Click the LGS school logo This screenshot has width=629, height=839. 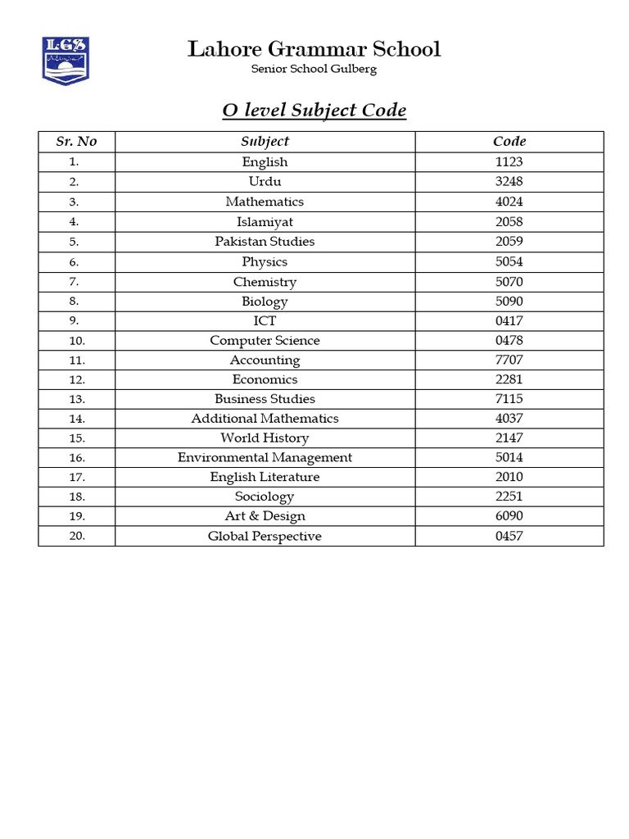[x=66, y=60]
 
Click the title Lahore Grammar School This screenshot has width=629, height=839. [x=314, y=49]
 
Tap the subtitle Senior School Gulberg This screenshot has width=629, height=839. [x=314, y=69]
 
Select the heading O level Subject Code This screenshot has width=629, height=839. [x=314, y=111]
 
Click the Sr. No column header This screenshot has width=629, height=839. [x=76, y=141]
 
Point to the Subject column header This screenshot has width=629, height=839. [x=265, y=141]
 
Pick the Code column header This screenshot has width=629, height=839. [x=509, y=141]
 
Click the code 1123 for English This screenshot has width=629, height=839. [x=509, y=162]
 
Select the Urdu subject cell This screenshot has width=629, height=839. [x=265, y=182]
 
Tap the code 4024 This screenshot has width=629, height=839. [x=509, y=202]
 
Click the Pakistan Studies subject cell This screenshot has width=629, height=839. [x=265, y=242]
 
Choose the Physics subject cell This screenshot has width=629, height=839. [x=265, y=262]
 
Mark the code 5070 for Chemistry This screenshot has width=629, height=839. [x=509, y=282]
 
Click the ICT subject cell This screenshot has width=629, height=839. [x=265, y=321]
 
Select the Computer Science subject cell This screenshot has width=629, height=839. [x=265, y=341]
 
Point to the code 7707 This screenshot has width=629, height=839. [x=509, y=361]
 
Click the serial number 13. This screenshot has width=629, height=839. [x=76, y=400]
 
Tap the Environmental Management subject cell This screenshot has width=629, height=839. [x=265, y=458]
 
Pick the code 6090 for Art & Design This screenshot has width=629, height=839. [x=509, y=516]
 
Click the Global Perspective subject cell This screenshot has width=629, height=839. [x=265, y=537]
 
